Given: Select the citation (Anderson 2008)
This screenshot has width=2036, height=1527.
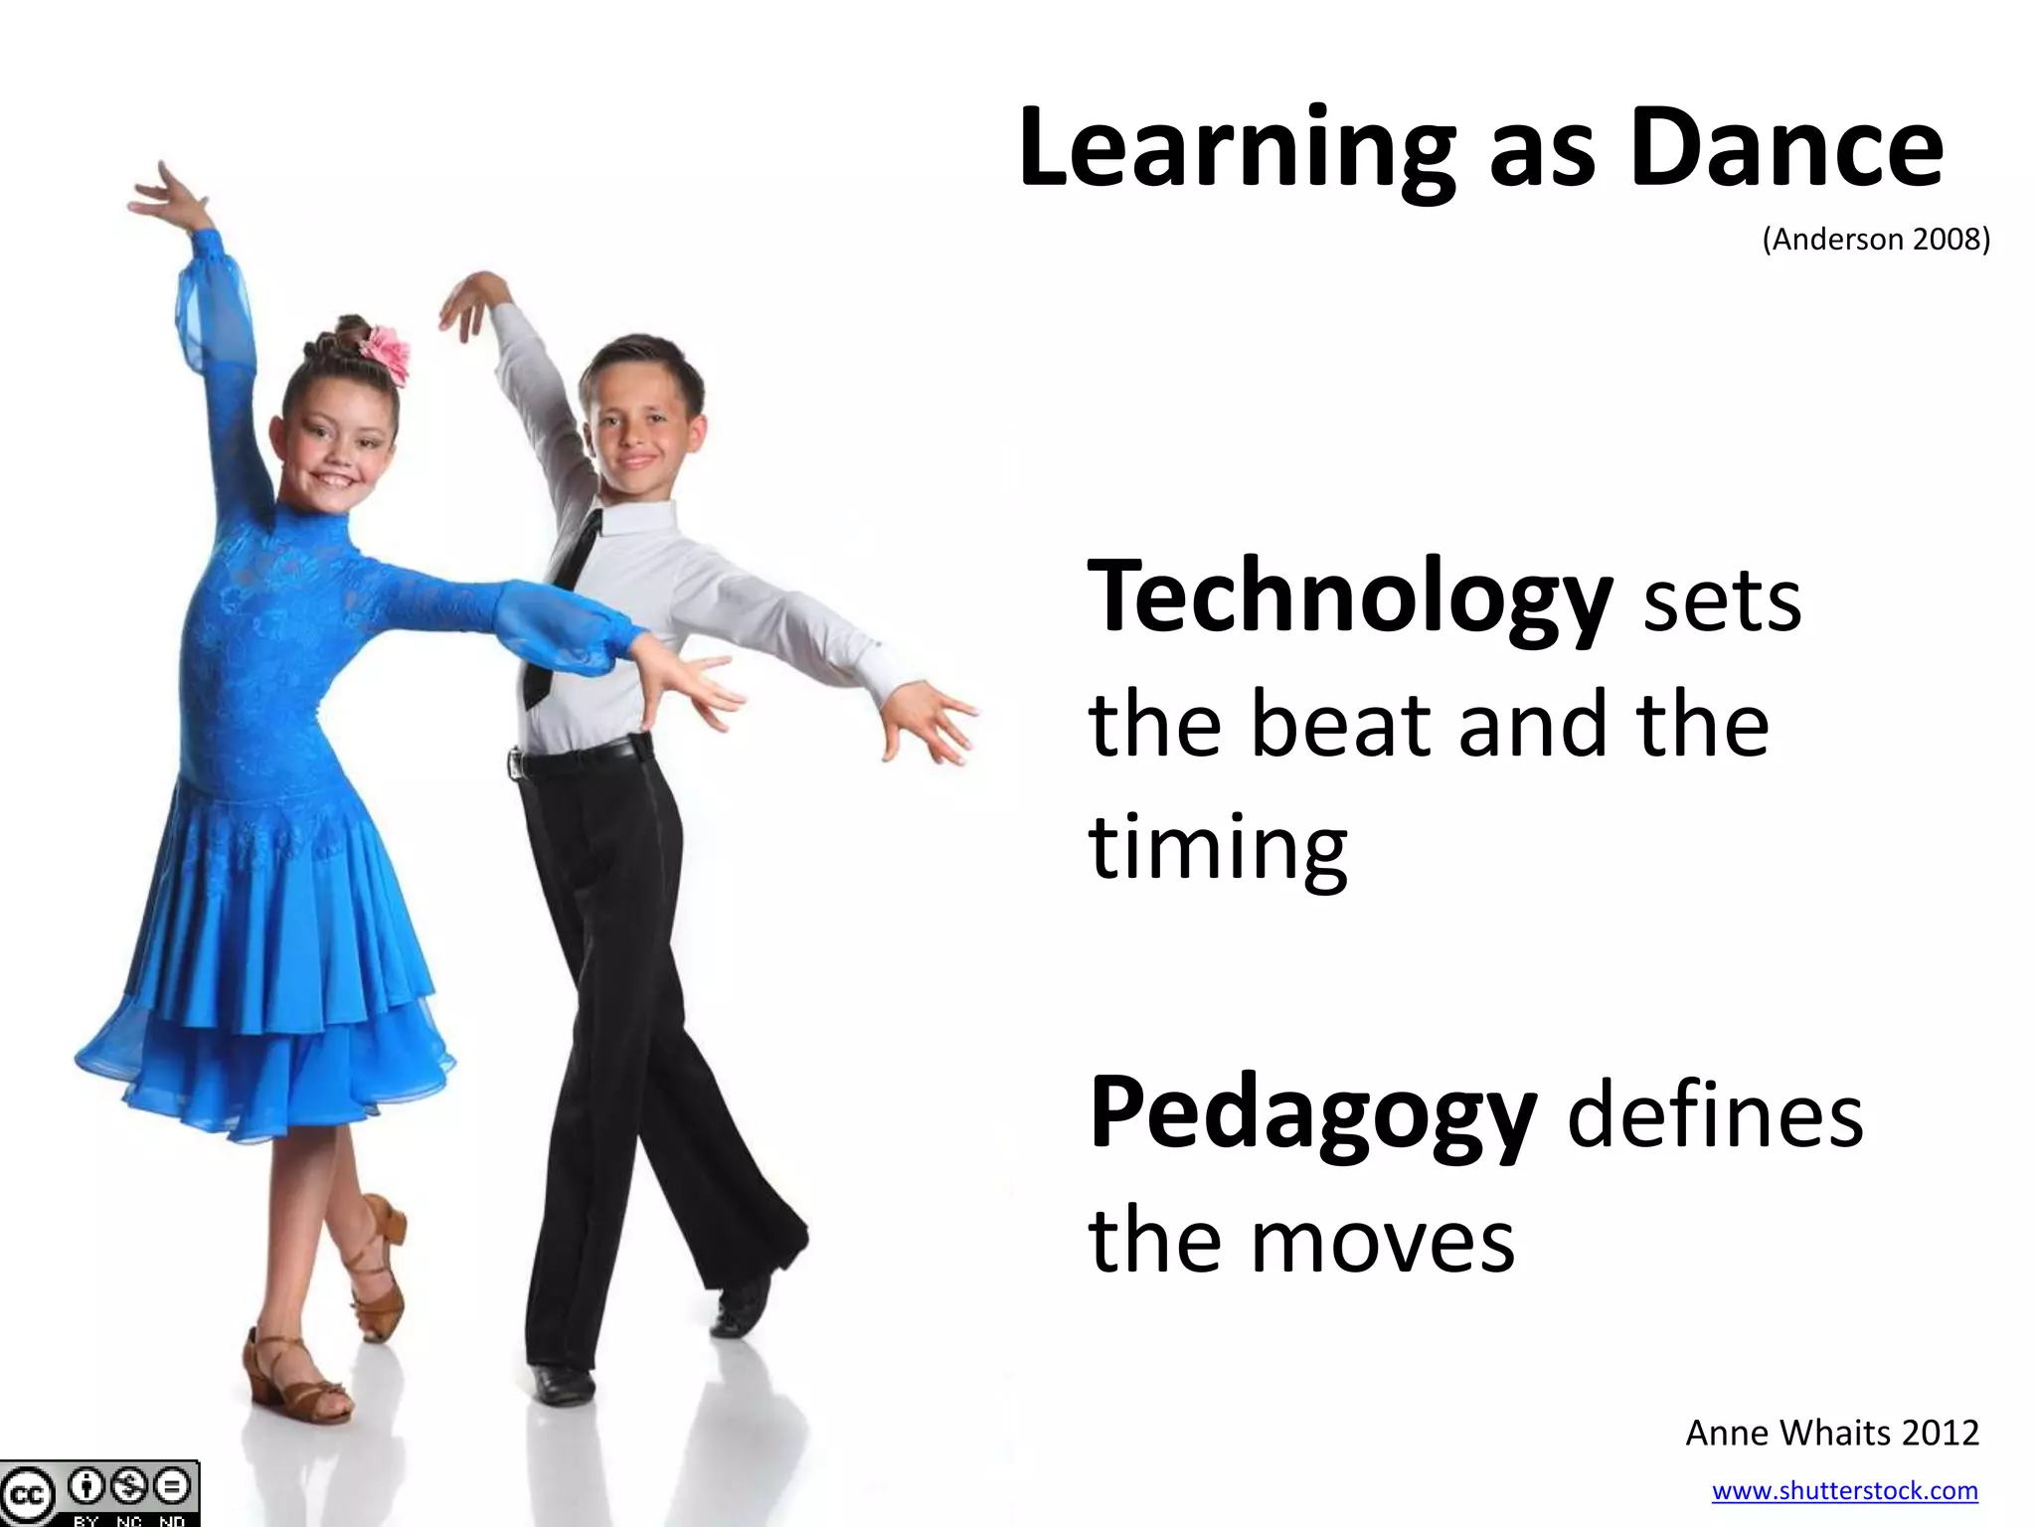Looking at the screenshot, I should click(1876, 240).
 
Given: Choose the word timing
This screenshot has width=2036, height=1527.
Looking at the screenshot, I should click(1218, 848).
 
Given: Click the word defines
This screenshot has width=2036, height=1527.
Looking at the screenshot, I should click(1715, 1115).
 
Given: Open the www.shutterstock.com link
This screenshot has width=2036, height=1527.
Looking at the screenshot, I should click(1844, 1490).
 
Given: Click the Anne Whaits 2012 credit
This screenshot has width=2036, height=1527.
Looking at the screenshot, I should click(1832, 1433).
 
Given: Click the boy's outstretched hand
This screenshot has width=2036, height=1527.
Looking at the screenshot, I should click(925, 721).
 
